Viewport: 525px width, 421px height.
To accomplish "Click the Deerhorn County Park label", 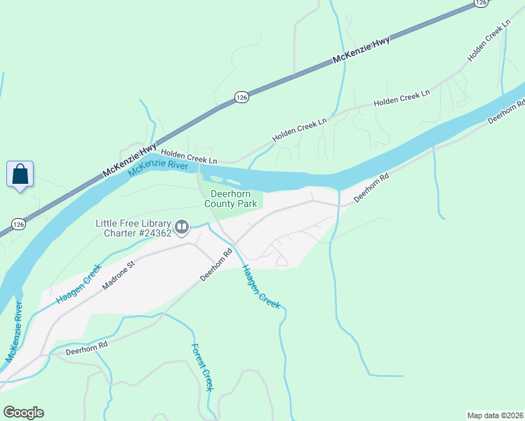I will pyautogui.click(x=231, y=199).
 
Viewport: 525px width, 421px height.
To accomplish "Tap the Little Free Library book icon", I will pyautogui.click(x=182, y=226).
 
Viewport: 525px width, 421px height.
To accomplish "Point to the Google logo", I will pyautogui.click(x=23, y=413).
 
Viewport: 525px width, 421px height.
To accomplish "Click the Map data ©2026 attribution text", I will pyautogui.click(x=495, y=415).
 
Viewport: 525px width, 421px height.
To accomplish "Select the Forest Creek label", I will pyautogui.click(x=202, y=368).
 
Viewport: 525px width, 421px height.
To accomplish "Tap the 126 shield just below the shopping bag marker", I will pyautogui.click(x=18, y=224).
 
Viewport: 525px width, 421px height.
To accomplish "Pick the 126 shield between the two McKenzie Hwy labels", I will pyautogui.click(x=241, y=96).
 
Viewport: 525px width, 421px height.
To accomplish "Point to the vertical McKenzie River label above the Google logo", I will pyautogui.click(x=14, y=332).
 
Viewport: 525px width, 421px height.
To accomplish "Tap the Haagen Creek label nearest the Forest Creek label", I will pyautogui.click(x=260, y=286).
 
